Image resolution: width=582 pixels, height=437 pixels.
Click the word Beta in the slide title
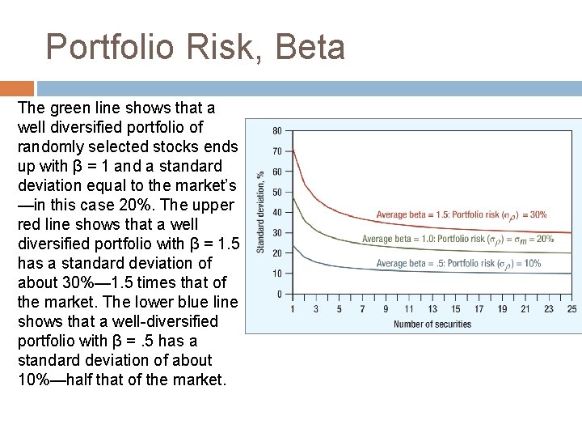[310, 47]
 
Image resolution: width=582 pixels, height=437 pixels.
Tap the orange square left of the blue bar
[17, 88]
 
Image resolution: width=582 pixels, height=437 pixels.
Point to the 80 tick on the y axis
[276, 130]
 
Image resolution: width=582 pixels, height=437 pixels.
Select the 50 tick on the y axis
[276, 192]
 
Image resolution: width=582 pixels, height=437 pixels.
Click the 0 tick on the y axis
[279, 294]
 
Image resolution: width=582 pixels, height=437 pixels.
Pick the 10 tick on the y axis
[276, 274]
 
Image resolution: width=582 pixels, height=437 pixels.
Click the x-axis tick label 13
[432, 308]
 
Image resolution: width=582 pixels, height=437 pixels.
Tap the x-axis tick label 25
[572, 308]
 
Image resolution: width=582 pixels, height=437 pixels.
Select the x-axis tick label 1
[293, 308]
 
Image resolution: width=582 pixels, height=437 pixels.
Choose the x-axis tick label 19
[502, 308]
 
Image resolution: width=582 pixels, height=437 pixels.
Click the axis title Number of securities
[432, 325]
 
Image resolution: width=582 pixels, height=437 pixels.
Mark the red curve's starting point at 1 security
[293, 150]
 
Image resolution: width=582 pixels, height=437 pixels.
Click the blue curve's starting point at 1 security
[293, 245]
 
